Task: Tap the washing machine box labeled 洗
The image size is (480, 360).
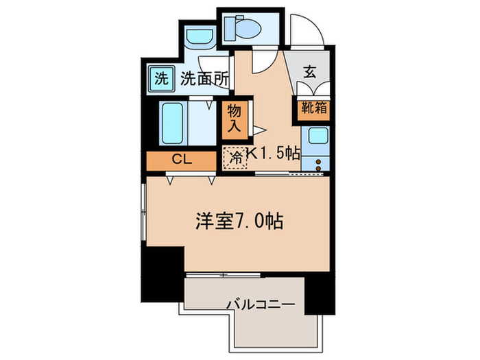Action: click(160, 78)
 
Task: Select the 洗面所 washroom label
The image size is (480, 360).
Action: click(204, 78)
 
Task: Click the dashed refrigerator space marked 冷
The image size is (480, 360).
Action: click(235, 156)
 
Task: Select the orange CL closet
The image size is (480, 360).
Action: click(181, 160)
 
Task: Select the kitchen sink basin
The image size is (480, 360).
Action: click(316, 135)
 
